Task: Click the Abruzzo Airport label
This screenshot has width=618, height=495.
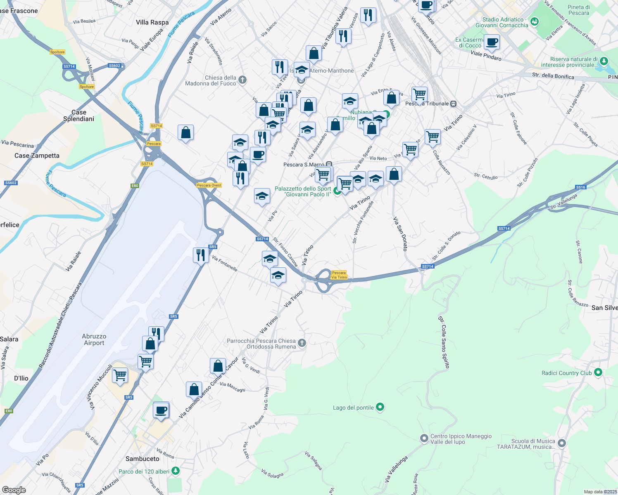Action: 94,339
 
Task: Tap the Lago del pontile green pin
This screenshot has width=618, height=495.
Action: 380,408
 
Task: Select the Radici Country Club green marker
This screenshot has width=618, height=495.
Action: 598,372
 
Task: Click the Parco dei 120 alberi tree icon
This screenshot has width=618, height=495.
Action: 176,471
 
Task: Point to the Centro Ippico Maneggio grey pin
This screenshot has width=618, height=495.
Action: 424,438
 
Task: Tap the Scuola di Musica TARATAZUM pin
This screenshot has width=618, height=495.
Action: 561,443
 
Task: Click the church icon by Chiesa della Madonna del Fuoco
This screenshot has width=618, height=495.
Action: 242,80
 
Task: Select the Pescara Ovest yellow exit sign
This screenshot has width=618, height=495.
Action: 209,185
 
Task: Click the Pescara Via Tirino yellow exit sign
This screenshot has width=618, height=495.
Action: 339,275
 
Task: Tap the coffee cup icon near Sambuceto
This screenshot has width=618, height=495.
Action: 161,410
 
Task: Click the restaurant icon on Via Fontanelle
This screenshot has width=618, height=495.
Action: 200,255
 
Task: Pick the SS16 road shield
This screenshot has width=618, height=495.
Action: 581,187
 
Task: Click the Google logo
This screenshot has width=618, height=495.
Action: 14,490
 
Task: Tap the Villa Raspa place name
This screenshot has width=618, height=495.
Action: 152,22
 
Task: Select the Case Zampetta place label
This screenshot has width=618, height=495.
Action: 37,156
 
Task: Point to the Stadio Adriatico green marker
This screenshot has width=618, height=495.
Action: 535,21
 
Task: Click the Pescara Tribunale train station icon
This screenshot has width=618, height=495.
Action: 454,104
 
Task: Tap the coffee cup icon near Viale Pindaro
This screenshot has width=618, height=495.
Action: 492,42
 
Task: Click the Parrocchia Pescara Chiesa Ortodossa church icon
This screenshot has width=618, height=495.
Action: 302,343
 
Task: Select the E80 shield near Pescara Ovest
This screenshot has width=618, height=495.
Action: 135,186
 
